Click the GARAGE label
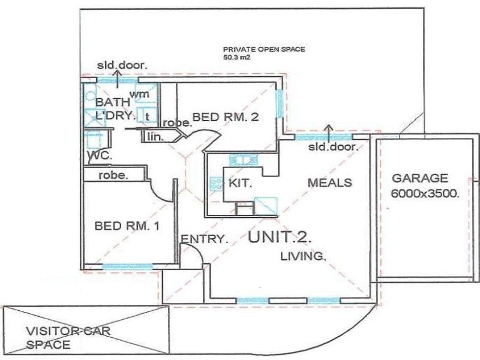[x=420, y=178]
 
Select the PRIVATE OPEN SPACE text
[x=264, y=50]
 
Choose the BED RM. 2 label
[x=226, y=118]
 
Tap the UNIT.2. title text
[x=280, y=236]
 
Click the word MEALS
[x=329, y=182]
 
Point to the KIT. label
[x=240, y=182]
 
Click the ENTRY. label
[x=205, y=239]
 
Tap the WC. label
[x=97, y=155]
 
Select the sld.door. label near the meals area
[x=333, y=147]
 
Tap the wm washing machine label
[x=140, y=94]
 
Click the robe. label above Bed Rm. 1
[x=113, y=176]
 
